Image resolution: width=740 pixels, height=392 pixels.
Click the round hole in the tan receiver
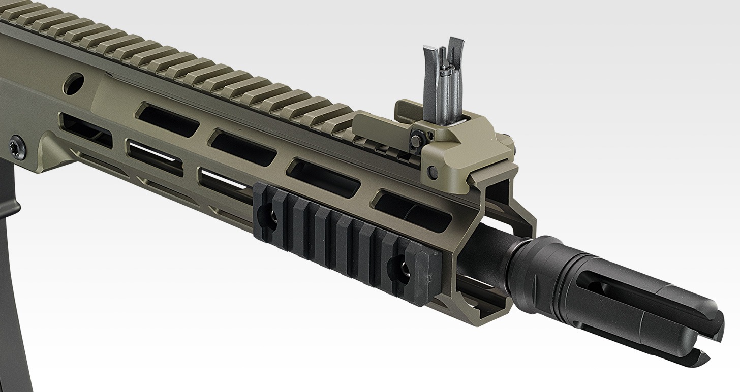[75, 82]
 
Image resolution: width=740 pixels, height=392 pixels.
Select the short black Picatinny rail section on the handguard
[346, 239]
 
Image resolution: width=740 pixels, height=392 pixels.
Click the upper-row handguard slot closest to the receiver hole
[168, 120]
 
